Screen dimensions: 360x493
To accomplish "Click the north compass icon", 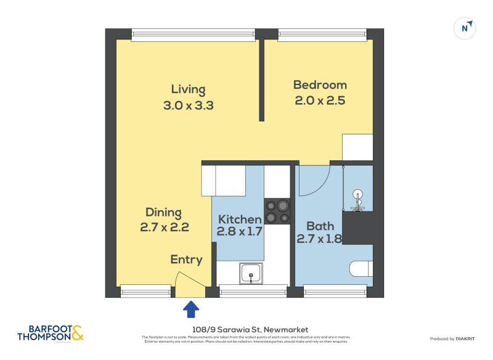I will [x=465, y=28].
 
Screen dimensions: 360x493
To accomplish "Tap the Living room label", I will [x=188, y=89].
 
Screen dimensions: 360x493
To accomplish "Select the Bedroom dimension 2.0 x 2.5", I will [x=320, y=101].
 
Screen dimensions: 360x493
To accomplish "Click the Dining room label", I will [x=164, y=212].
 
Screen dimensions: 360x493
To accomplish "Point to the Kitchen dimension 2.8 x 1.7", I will [x=240, y=232].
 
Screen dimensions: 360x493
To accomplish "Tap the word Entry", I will [x=186, y=260].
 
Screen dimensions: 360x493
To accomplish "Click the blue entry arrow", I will [x=191, y=308].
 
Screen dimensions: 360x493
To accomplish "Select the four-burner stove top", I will [x=277, y=211].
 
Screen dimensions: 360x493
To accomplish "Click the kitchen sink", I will [x=251, y=274].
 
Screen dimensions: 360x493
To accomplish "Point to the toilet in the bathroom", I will [x=361, y=269].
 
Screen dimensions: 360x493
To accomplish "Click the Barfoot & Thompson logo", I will [x=50, y=333].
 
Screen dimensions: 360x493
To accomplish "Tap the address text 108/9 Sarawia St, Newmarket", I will [x=246, y=330].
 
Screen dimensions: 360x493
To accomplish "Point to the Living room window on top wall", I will [x=193, y=35].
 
